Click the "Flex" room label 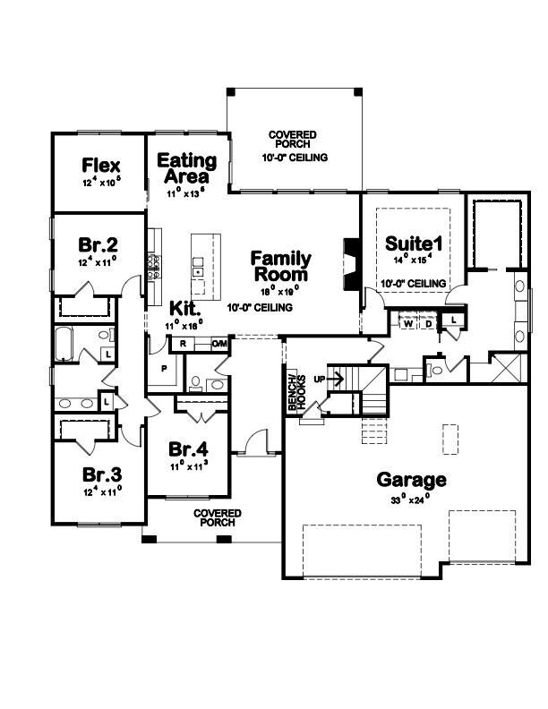(x=101, y=166)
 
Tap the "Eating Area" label (x=187, y=168)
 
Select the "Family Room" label (x=281, y=266)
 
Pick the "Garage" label (x=411, y=479)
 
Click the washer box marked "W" (x=408, y=324)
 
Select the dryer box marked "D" (x=428, y=324)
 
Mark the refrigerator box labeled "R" (x=183, y=344)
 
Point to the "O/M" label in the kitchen (x=220, y=344)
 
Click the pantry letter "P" (x=163, y=368)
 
